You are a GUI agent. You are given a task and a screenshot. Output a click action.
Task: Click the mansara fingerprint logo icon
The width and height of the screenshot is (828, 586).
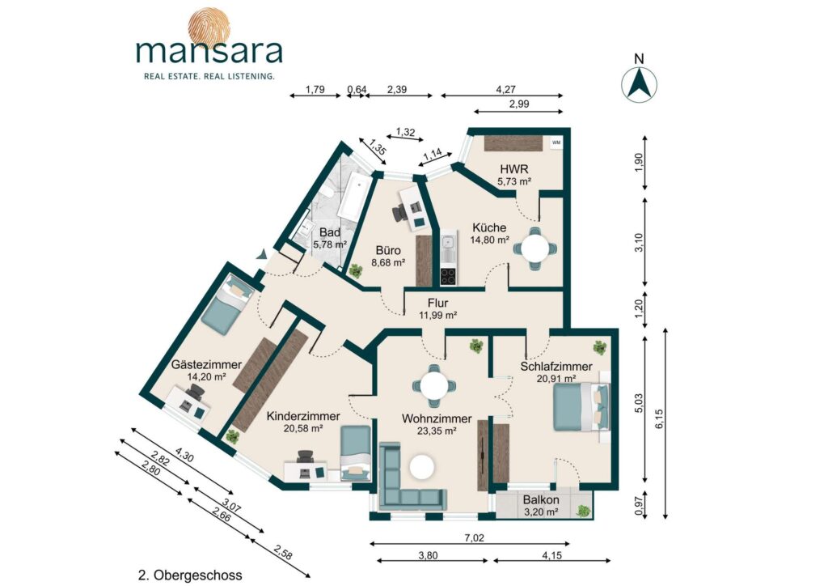pos(209,24)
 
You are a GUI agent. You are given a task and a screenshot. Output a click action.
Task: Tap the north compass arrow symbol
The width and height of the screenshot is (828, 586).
pos(639,84)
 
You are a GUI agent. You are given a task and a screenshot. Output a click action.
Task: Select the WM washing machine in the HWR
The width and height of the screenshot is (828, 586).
pos(556,142)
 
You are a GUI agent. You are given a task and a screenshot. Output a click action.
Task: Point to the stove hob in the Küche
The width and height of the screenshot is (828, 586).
pos(448,276)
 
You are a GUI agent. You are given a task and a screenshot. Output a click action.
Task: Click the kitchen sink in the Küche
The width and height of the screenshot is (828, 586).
pos(448,244)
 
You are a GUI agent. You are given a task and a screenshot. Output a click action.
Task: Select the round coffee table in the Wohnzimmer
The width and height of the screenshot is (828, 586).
pos(421,466)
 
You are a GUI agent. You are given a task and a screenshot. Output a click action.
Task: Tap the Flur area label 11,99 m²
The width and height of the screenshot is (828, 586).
pos(437,315)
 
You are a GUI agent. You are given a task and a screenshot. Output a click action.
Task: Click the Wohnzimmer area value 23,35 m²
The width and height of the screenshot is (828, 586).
pos(436,431)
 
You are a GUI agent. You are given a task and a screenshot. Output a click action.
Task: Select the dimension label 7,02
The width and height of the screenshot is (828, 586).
pos(474,538)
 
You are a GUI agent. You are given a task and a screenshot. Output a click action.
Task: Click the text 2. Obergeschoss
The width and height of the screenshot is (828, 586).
pos(190,575)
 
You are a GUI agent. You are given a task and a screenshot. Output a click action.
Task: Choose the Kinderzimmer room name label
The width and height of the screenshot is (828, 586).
pos(303,417)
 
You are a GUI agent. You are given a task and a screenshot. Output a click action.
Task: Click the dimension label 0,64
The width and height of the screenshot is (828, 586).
pos(357,89)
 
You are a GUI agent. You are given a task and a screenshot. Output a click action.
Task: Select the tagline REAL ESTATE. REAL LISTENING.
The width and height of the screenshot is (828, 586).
pos(209,77)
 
